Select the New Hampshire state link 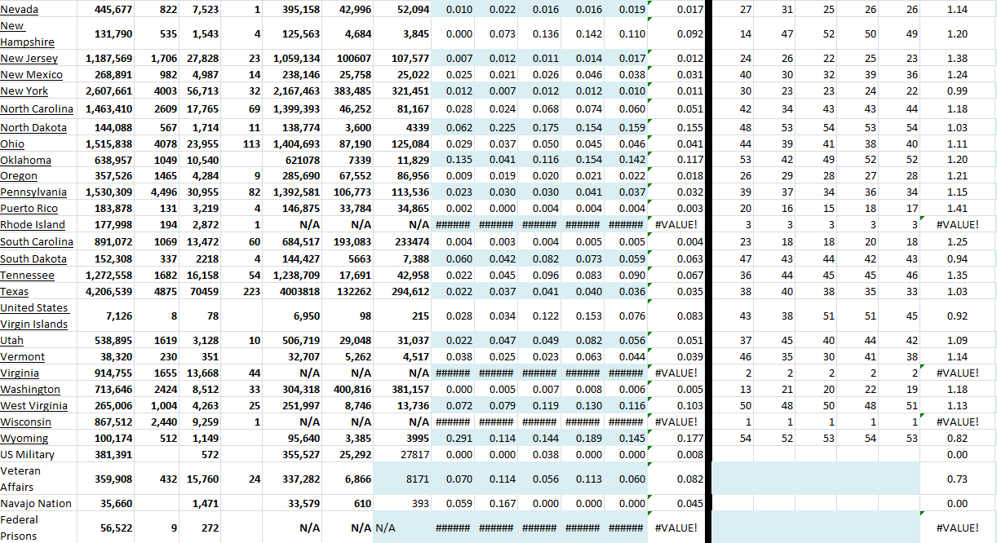[x=27, y=34]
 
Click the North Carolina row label [x=37, y=109]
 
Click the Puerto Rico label [x=29, y=209]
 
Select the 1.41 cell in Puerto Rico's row [x=957, y=209]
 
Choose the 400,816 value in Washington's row [x=349, y=390]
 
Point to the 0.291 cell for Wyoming [x=459, y=439]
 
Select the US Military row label [x=28, y=455]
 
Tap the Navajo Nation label [x=36, y=504]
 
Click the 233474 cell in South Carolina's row [x=407, y=242]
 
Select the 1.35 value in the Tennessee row [x=957, y=275]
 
